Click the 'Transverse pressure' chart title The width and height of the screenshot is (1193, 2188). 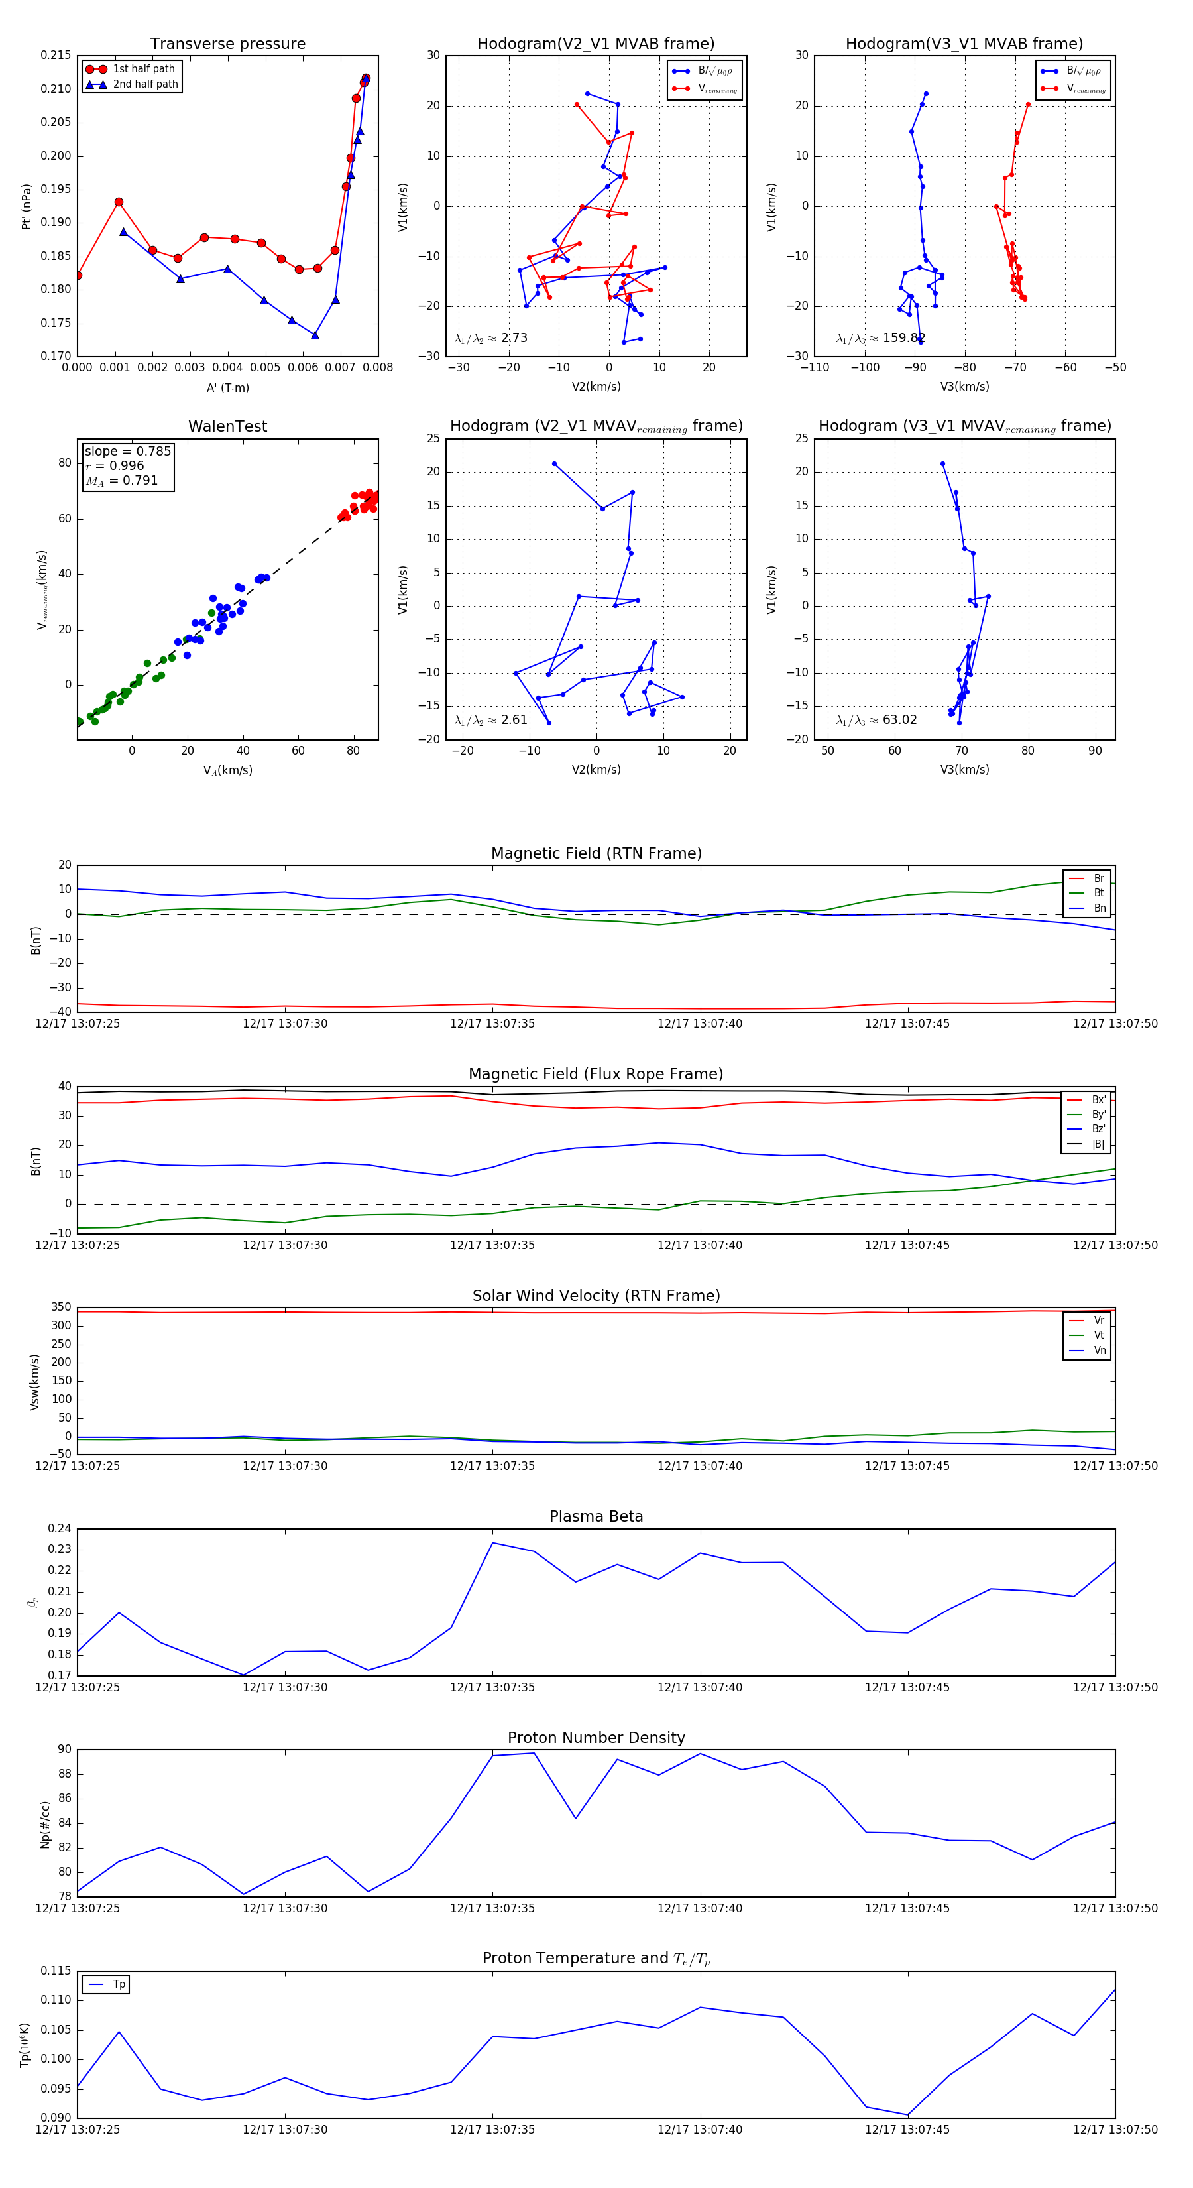click(227, 44)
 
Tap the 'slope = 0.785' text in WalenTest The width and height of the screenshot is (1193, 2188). click(127, 451)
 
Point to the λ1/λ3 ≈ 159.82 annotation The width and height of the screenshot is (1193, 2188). click(880, 338)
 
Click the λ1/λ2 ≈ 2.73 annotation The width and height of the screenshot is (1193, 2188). click(490, 338)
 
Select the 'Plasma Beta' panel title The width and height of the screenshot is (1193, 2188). click(596, 1516)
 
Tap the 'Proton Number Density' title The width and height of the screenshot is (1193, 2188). click(596, 1738)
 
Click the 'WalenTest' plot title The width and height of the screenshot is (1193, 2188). click(227, 426)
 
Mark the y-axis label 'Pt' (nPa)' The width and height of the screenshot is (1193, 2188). click(27, 206)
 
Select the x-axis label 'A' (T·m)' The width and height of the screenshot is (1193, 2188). click(227, 387)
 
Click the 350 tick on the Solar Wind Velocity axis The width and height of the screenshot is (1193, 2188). click(61, 1307)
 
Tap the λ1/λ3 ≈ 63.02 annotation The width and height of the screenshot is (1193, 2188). click(876, 720)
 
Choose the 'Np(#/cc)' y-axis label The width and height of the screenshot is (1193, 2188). click(45, 1825)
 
